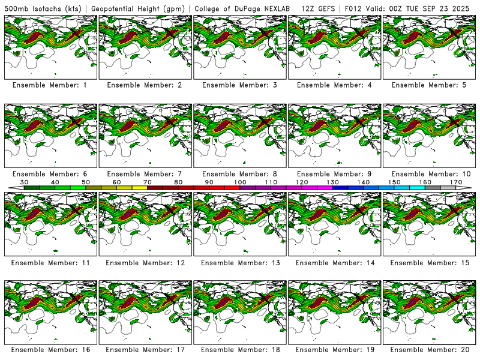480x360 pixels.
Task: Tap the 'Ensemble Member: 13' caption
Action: click(241, 263)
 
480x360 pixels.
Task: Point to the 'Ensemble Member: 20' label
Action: click(430, 349)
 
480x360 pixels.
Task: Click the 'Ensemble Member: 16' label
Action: click(51, 349)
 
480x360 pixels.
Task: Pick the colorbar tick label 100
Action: click(240, 182)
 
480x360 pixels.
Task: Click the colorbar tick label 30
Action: click(25, 182)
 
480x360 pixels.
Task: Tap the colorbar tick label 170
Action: click(455, 182)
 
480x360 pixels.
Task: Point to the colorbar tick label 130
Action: click(332, 182)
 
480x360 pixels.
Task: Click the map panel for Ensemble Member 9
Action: click(335, 136)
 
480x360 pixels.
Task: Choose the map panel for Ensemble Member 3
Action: click(240, 47)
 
